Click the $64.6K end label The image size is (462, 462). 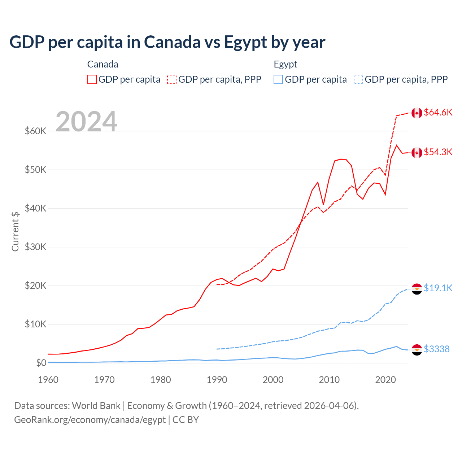438,113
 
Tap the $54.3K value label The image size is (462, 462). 438,152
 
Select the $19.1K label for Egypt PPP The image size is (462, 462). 438,288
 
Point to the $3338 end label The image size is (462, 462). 436,349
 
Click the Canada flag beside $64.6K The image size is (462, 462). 417,113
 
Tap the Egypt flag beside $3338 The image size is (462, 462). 417,350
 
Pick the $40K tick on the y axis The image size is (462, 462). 35,208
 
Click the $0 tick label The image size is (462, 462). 41,363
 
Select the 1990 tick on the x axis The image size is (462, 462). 217,380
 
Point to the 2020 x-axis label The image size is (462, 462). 385,380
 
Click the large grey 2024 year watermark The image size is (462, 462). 86,122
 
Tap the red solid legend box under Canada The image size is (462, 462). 92,79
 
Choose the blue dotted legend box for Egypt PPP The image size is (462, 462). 358,79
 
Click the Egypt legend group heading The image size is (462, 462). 285,64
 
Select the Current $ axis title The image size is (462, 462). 15,231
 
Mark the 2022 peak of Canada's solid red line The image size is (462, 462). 397,145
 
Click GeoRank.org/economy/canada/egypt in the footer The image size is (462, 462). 90,420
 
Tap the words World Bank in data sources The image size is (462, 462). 96,406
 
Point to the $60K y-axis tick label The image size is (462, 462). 35,131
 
